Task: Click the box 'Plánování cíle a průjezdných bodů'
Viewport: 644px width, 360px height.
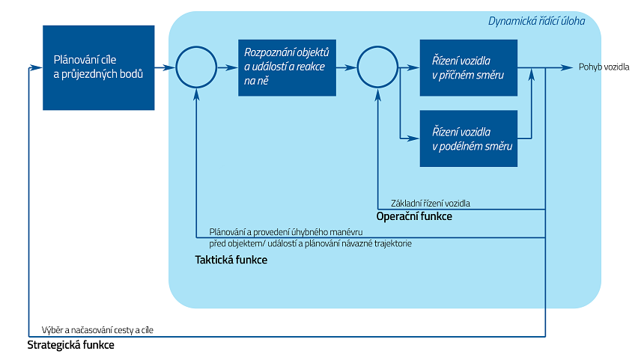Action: pos(98,67)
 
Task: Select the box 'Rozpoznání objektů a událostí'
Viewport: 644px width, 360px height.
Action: pos(287,67)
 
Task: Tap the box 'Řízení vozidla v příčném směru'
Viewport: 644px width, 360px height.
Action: pos(469,67)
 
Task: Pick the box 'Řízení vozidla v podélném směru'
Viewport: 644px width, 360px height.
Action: pos(469,138)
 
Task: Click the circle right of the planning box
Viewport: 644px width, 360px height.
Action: pos(195,68)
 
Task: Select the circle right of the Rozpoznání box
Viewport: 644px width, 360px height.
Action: pos(377,68)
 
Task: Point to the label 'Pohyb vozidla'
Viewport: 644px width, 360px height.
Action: pos(604,67)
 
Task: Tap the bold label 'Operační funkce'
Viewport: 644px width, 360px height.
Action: pos(414,216)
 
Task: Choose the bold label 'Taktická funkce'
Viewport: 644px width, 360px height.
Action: pos(231,260)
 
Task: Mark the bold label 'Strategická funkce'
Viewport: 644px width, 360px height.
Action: pos(71,346)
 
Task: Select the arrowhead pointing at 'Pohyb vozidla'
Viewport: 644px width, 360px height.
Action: pos(570,68)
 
